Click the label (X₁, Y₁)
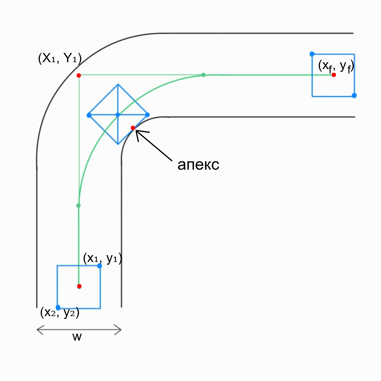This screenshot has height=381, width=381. [60, 58]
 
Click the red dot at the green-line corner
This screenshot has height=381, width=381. [79, 75]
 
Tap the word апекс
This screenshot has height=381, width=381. [198, 165]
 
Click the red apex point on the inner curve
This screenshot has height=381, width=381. [133, 128]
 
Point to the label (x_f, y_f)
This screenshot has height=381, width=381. [336, 66]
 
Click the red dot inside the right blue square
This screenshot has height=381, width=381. [334, 75]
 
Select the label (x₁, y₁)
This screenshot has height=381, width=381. [102, 258]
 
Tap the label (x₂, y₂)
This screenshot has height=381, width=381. [60, 312]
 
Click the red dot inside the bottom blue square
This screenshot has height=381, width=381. [79, 286]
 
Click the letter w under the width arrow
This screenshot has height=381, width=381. [77, 337]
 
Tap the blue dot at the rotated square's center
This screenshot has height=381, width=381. [118, 115]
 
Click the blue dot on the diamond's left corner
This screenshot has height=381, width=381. [89, 115]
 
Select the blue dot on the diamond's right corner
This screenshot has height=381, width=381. [147, 115]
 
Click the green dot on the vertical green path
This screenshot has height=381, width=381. [78, 205]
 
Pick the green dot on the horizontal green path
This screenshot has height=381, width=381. [203, 75]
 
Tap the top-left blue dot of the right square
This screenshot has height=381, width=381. [312, 54]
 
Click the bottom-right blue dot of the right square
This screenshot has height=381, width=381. [354, 95]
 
